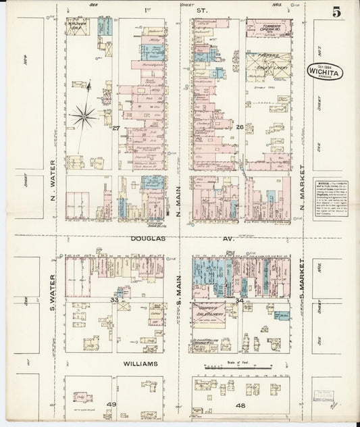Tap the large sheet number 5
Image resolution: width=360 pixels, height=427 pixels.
336,12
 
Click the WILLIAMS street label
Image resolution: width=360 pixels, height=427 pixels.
140,363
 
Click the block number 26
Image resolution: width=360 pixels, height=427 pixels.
239,126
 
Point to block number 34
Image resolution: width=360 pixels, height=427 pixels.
240,299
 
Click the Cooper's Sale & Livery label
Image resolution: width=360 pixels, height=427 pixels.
210,311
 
